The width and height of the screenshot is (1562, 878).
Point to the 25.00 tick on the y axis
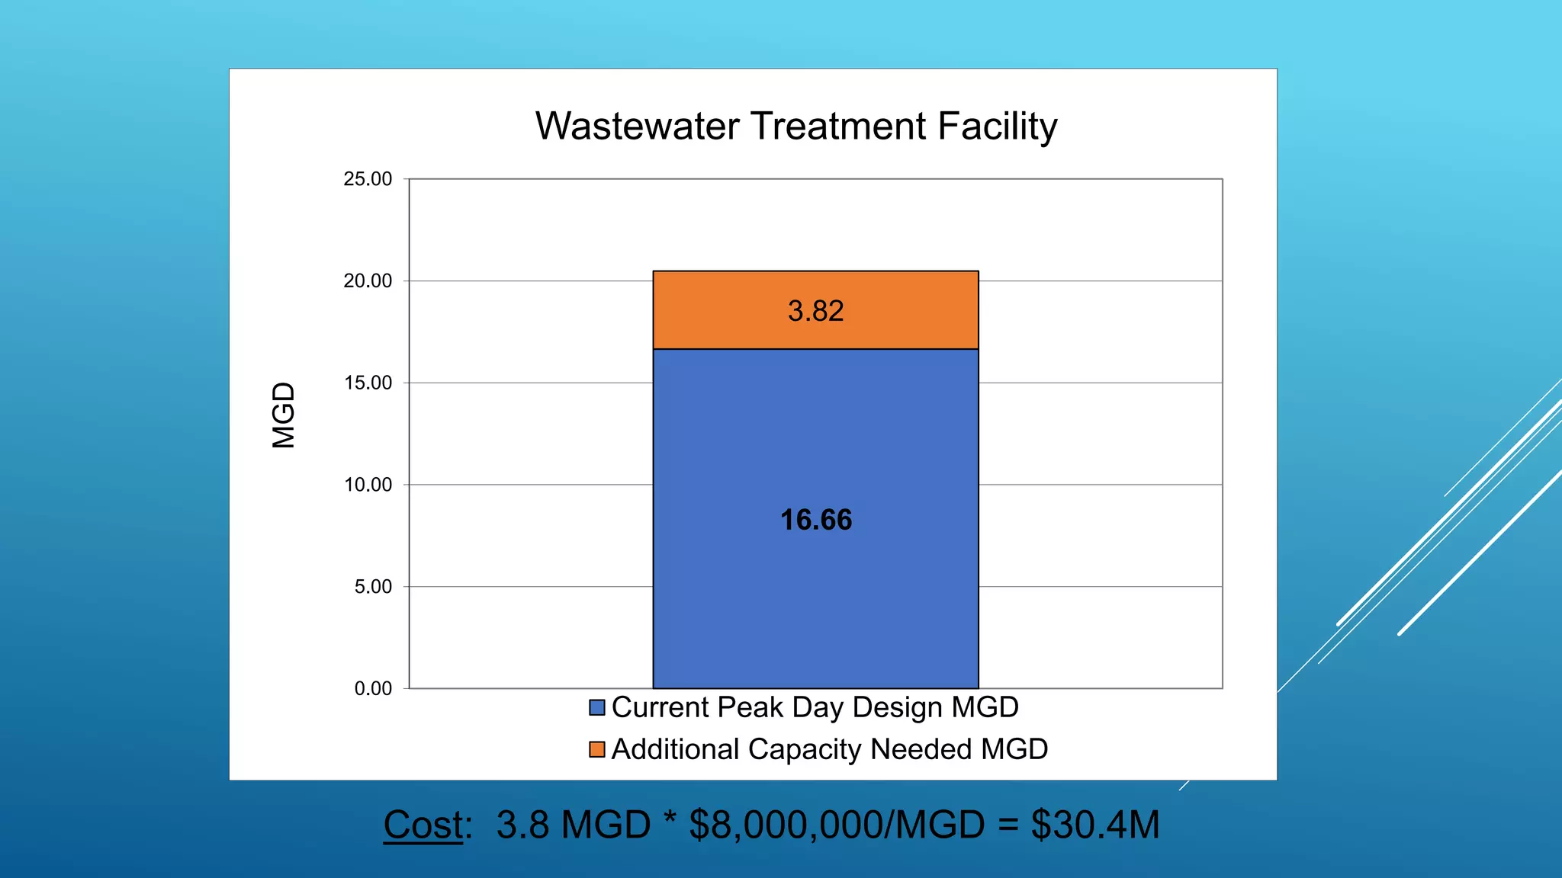point(368,179)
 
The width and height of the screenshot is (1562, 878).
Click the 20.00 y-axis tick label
point(368,281)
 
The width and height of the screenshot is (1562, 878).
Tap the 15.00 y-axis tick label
point(368,383)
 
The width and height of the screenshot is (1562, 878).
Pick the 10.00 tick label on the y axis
point(368,485)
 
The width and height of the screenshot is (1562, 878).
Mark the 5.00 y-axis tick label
point(373,587)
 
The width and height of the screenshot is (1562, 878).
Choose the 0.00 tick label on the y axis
point(373,689)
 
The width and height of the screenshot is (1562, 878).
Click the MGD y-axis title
point(284,415)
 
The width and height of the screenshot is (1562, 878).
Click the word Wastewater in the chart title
point(637,127)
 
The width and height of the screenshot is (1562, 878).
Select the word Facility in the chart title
point(997,127)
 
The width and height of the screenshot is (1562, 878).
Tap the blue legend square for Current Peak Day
point(597,708)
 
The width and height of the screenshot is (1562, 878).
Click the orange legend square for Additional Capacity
point(597,750)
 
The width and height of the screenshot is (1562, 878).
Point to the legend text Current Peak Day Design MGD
point(815,707)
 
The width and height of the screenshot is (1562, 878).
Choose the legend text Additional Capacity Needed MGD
point(829,749)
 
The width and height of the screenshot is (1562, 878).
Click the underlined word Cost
point(423,825)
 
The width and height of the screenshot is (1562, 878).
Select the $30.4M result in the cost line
point(1094,825)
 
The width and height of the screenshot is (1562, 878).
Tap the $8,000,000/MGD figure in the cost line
point(837,825)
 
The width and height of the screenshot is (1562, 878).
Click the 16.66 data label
point(815,521)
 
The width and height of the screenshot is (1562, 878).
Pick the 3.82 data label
point(815,311)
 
